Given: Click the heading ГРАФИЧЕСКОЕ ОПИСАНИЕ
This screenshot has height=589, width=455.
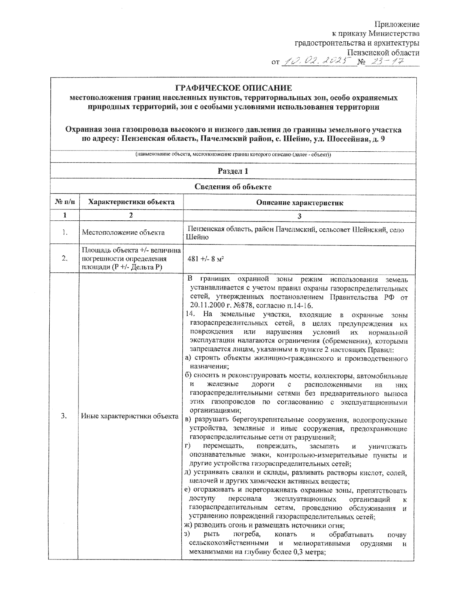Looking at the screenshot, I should [233, 88].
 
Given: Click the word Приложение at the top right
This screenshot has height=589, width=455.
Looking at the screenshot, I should [397, 25].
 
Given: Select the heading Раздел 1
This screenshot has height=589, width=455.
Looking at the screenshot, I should [233, 171].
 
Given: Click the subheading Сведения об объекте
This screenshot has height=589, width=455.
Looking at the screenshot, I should [233, 187].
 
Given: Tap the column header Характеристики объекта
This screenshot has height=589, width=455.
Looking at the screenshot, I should [131, 202].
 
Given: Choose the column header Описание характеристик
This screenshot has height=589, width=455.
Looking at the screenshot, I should [300, 203].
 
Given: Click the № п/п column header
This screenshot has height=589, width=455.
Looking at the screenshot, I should [65, 202].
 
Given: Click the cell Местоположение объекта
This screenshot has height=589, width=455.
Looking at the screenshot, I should [123, 232].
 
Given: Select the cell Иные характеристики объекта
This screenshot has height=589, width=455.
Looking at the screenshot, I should [130, 416].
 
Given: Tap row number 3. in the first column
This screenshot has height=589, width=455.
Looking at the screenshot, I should [64, 416].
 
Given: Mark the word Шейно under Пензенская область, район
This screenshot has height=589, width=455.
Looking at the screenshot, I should [197, 237].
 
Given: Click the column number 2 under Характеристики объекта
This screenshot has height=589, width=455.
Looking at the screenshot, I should [131, 215].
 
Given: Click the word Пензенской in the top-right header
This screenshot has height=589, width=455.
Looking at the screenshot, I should [367, 52].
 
